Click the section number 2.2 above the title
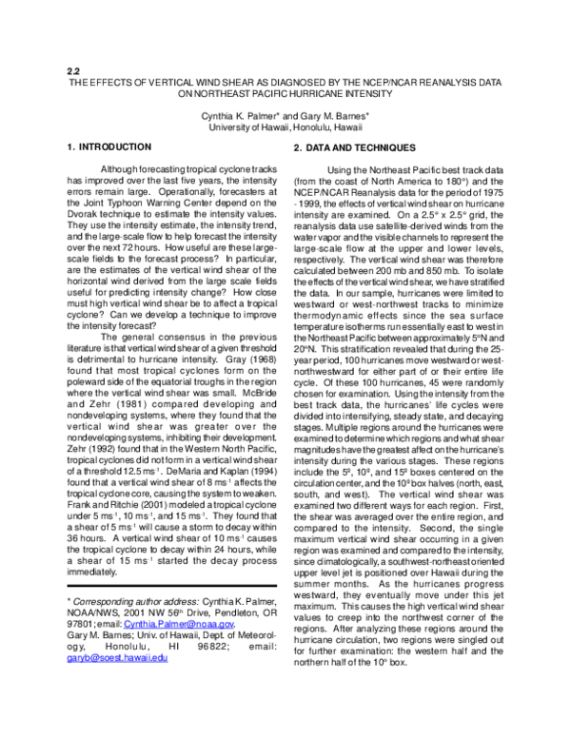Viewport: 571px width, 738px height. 73,70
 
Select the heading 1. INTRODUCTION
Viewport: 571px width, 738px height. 109,147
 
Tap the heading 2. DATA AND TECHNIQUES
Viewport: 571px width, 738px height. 354,147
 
